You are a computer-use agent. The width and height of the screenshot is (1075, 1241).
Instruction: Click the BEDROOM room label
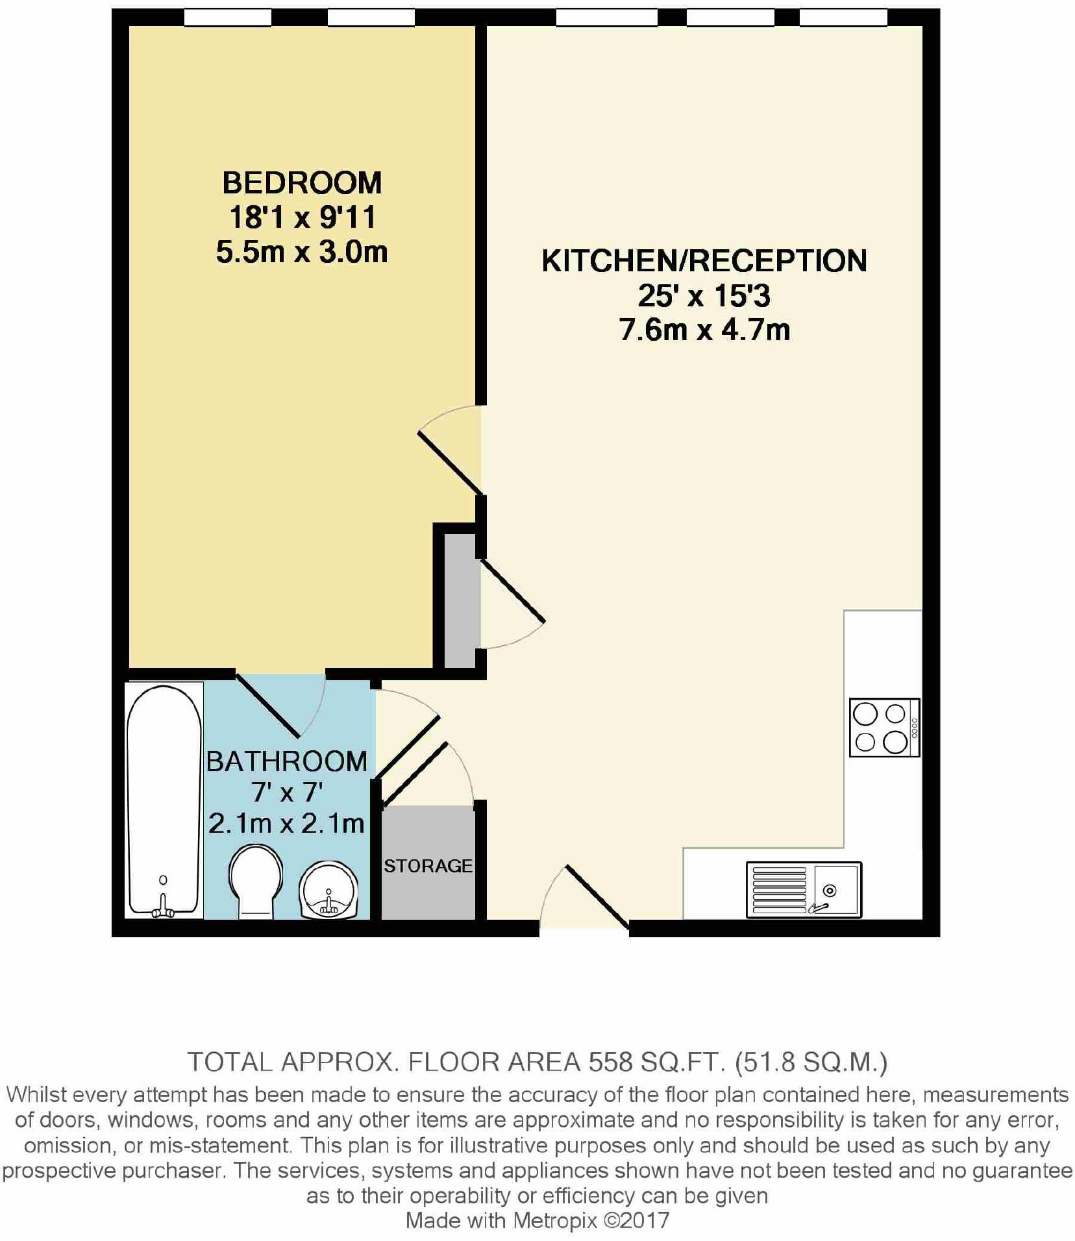click(302, 183)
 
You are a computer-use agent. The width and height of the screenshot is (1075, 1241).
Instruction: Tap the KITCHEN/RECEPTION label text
click(704, 261)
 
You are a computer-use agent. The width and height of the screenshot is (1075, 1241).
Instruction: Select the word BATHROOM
click(286, 761)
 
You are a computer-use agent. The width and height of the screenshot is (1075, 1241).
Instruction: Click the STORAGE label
click(428, 866)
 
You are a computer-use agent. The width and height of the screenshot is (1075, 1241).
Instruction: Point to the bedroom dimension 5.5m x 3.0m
click(302, 252)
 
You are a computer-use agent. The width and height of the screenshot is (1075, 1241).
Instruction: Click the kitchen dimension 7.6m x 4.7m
click(704, 330)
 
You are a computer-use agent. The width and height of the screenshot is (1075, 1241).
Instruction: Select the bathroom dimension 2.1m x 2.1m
click(286, 824)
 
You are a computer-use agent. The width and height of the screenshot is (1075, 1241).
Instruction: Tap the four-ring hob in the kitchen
click(884, 727)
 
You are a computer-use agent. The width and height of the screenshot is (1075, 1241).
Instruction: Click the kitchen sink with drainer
click(804, 889)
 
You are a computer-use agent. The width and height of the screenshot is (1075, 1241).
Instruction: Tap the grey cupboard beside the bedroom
click(460, 601)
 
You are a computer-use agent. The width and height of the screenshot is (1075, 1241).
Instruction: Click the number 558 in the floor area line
click(610, 1063)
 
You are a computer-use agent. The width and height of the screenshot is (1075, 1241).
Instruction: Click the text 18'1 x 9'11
click(303, 217)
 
